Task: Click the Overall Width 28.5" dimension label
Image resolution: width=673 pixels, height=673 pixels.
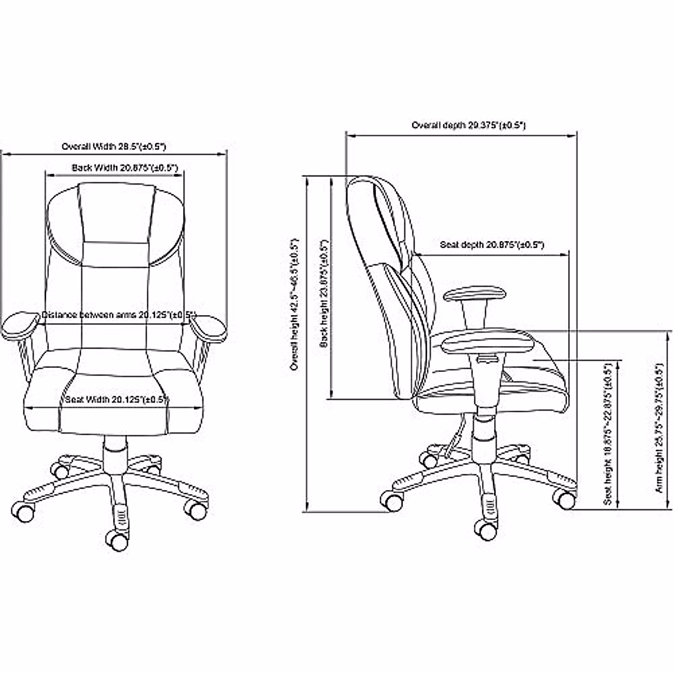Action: point(114,146)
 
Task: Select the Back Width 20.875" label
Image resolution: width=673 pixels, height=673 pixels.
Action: point(125,167)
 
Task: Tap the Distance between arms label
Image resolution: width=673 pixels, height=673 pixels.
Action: point(119,315)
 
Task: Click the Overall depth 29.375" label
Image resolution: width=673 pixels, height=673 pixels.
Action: point(468,126)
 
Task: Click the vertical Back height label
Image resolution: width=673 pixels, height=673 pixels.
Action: point(324,293)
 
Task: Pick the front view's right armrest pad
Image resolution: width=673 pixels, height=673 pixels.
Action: point(209,328)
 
